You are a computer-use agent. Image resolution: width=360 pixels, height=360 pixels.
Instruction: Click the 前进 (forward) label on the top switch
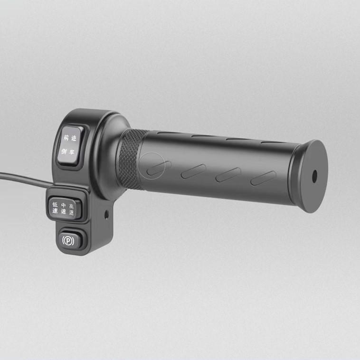pyautogui.click(x=70, y=138)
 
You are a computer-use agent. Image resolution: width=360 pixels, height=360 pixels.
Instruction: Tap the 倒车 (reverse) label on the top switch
pyautogui.click(x=68, y=152)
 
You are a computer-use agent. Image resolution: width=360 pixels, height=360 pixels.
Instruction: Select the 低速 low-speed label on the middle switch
pyautogui.click(x=55, y=208)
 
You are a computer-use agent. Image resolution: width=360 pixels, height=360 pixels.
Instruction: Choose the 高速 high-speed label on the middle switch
pyautogui.click(x=71, y=209)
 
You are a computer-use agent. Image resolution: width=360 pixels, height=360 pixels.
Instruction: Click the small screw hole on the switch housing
pyautogui.click(x=106, y=215)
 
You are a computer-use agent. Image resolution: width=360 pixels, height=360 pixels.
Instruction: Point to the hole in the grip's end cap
pyautogui.click(x=314, y=177)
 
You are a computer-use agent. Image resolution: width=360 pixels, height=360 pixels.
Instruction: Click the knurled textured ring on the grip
pyautogui.click(x=129, y=159)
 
